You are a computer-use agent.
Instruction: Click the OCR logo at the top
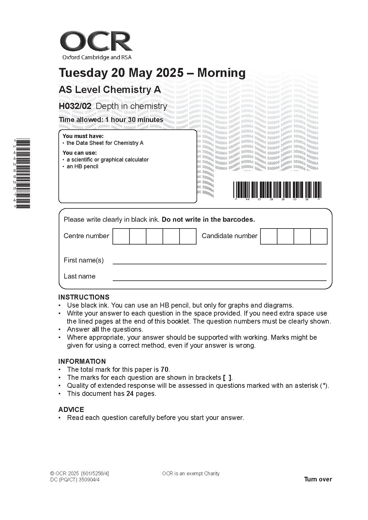tap(96, 42)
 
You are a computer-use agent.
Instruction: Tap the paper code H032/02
tap(75, 106)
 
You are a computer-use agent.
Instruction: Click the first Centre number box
tap(121, 236)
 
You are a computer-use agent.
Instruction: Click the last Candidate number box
tap(319, 236)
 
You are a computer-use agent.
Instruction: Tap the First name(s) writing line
tap(219, 263)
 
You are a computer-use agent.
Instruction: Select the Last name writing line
tap(219, 280)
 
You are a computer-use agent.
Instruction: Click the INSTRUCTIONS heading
tap(84, 297)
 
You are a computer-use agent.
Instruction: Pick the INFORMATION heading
tap(82, 361)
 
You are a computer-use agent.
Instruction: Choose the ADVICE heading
tap(71, 409)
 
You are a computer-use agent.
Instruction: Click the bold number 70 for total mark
tap(165, 369)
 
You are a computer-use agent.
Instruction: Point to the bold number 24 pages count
tap(130, 393)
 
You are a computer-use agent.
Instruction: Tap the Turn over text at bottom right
tap(318, 479)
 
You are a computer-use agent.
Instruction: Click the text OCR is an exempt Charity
tap(191, 473)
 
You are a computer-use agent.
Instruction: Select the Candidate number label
tap(229, 236)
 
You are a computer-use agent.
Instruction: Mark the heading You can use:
tap(79, 153)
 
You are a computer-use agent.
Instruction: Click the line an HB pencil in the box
tap(82, 166)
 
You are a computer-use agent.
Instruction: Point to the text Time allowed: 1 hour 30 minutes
tap(111, 120)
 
